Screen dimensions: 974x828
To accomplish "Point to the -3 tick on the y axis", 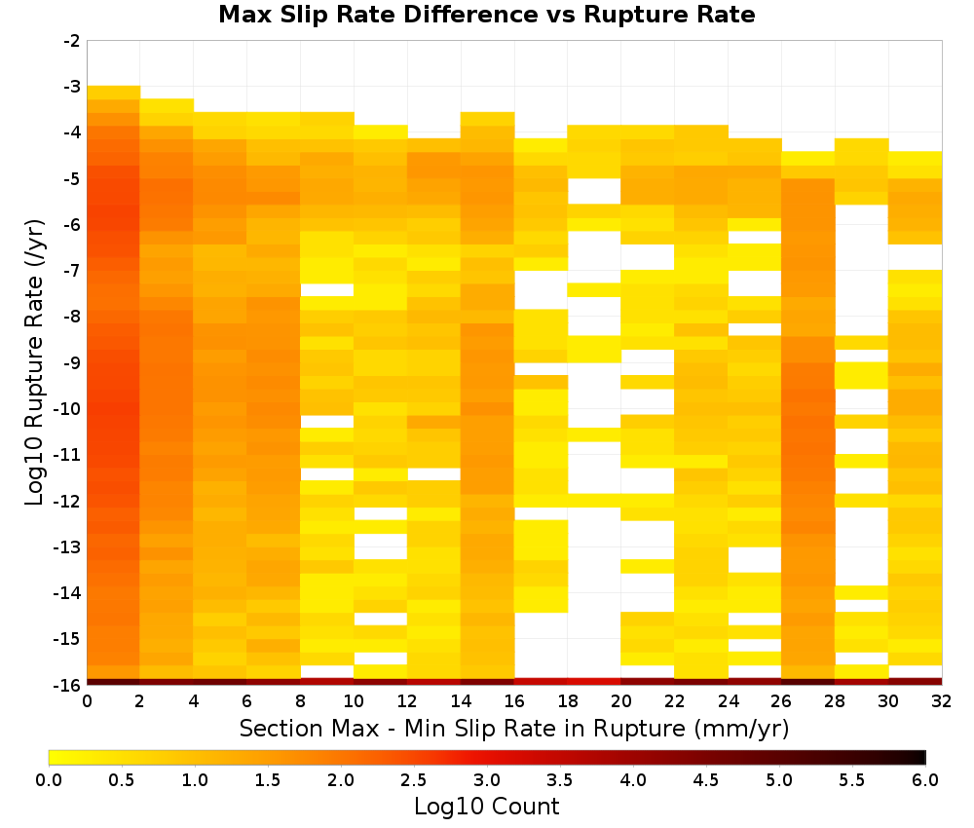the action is click(x=72, y=87).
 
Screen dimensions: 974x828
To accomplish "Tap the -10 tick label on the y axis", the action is click(x=68, y=409).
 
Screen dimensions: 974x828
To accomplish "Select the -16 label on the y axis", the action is click(x=68, y=685).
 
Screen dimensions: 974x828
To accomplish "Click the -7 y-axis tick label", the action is click(x=72, y=271).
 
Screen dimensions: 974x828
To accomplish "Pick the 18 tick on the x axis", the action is click(x=568, y=701).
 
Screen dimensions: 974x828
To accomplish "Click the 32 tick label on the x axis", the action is click(x=942, y=701).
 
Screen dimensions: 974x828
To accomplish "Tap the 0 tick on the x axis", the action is click(x=87, y=701).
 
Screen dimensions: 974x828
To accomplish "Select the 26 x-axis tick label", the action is click(x=781, y=701).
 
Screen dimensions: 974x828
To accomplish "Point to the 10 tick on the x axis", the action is click(x=355, y=701).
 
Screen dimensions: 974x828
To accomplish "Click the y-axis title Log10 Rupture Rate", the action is click(x=34, y=362).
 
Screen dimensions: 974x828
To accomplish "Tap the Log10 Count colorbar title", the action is click(x=487, y=807).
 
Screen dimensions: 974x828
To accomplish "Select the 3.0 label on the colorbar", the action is click(x=487, y=779).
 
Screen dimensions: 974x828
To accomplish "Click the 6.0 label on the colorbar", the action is click(x=925, y=779).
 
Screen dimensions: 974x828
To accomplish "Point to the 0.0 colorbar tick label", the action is click(x=49, y=779).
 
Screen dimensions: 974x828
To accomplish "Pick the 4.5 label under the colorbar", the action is click(x=706, y=779).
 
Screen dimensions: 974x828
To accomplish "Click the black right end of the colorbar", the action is click(x=923, y=757).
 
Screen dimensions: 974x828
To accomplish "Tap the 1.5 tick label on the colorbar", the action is click(x=268, y=779).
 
